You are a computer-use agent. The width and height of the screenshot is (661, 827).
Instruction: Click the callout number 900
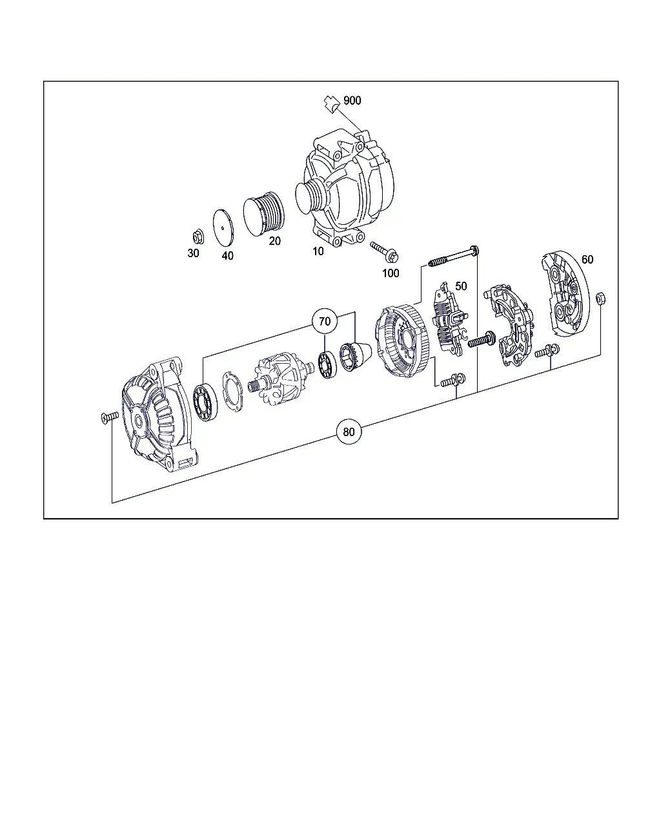coord(352,101)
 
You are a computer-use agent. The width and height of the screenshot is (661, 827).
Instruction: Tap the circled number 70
coord(325,321)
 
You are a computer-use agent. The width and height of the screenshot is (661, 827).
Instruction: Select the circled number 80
coord(349,432)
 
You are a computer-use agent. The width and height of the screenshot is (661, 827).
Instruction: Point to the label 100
coord(391,273)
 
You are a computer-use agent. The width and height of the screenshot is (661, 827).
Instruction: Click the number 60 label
coord(587,259)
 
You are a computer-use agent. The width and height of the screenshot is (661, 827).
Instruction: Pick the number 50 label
coord(461,286)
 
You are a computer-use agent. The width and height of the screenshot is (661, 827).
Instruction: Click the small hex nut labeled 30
coord(198,236)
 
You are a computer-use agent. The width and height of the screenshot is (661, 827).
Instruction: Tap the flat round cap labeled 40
coord(223,227)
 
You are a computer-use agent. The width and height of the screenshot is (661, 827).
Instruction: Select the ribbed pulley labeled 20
coord(264,214)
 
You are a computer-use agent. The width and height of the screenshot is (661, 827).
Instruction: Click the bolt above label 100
coord(384,251)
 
